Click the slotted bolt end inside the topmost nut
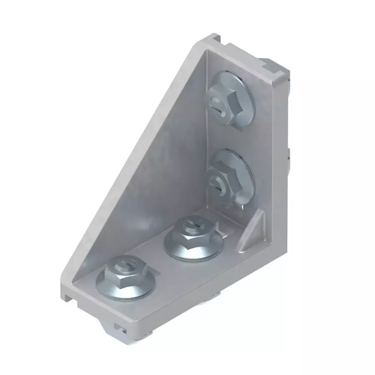point(216,102)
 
